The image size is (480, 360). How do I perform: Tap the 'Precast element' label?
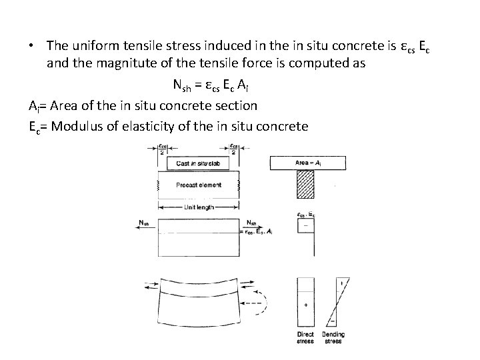click(x=199, y=185)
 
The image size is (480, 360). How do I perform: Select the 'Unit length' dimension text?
click(x=199, y=208)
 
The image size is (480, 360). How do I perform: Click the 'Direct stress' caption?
click(x=305, y=337)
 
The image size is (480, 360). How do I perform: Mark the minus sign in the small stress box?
click(x=305, y=227)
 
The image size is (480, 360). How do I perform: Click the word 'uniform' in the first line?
click(x=90, y=45)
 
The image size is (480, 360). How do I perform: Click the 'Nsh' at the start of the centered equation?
click(x=181, y=85)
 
